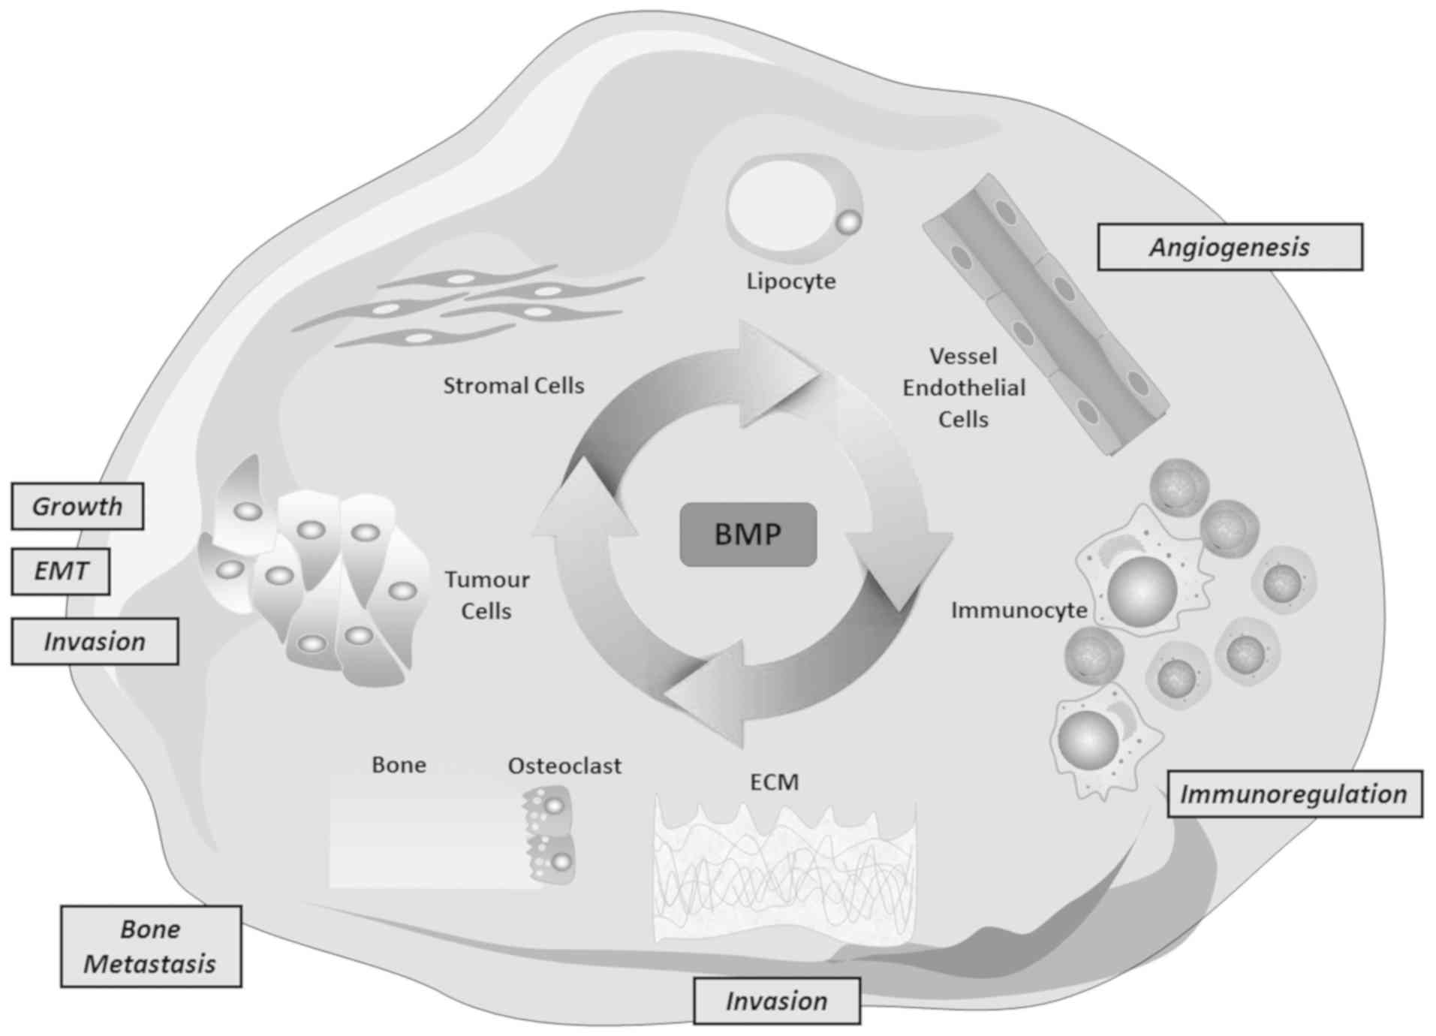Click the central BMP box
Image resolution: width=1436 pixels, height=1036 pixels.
(748, 534)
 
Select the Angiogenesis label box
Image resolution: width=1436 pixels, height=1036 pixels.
(1230, 247)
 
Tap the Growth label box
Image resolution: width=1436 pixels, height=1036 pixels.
(77, 507)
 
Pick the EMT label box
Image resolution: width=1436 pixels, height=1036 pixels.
(61, 571)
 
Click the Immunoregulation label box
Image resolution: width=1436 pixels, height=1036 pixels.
(1294, 794)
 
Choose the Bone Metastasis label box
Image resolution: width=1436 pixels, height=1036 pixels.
(151, 946)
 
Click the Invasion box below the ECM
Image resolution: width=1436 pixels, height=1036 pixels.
(776, 1001)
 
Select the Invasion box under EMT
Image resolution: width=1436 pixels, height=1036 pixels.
(95, 642)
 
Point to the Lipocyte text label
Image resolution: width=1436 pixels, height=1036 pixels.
(790, 281)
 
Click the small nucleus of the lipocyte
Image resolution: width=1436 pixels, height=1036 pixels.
(848, 222)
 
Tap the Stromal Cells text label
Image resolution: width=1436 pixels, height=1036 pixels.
(513, 386)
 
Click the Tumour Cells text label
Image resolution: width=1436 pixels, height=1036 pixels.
(486, 595)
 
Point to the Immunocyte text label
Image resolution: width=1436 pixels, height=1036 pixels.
(1019, 610)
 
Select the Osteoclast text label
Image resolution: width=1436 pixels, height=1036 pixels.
(564, 766)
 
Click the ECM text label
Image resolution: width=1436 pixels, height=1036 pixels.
(774, 782)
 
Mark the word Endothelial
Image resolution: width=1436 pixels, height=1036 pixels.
(964, 388)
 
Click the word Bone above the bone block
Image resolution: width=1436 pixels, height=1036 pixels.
(399, 765)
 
